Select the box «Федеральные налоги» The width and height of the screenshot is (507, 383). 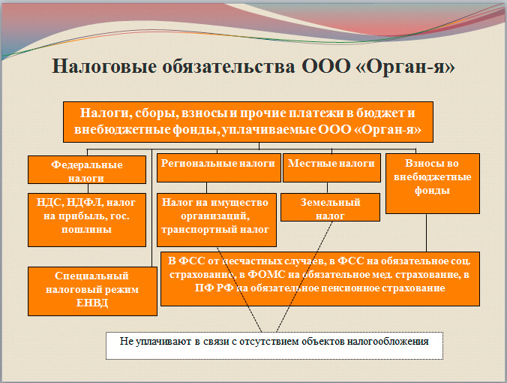tap(86, 170)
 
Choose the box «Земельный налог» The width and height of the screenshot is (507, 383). tap(330, 208)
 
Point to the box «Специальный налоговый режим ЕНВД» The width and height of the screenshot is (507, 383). tap(92, 290)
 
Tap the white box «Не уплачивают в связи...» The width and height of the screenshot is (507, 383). tap(274, 344)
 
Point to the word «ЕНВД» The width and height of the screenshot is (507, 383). tap(92, 303)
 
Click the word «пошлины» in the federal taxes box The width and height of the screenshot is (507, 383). tap(87, 229)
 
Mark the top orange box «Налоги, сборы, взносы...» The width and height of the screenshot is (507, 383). tap(248, 120)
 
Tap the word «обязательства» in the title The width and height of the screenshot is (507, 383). tap(227, 66)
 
